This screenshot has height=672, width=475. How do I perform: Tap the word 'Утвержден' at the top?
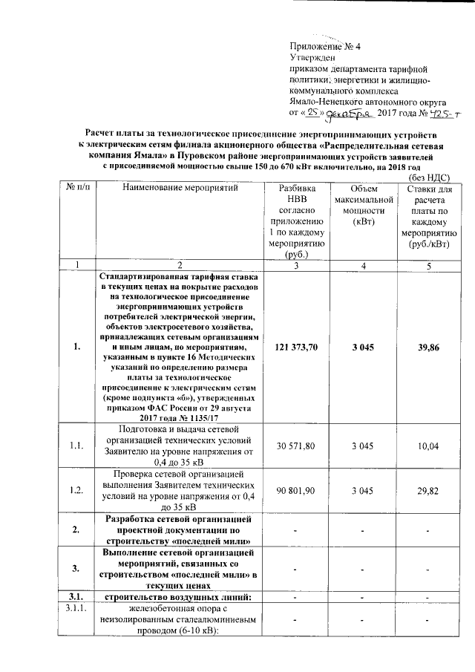coord(312,58)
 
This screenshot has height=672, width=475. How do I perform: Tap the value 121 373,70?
coord(297,347)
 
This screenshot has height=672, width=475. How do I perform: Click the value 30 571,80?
coord(297,445)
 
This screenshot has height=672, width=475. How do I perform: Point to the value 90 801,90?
coord(297,491)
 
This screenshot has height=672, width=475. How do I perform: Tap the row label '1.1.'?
coord(77,445)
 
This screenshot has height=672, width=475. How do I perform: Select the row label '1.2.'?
coord(77,491)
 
